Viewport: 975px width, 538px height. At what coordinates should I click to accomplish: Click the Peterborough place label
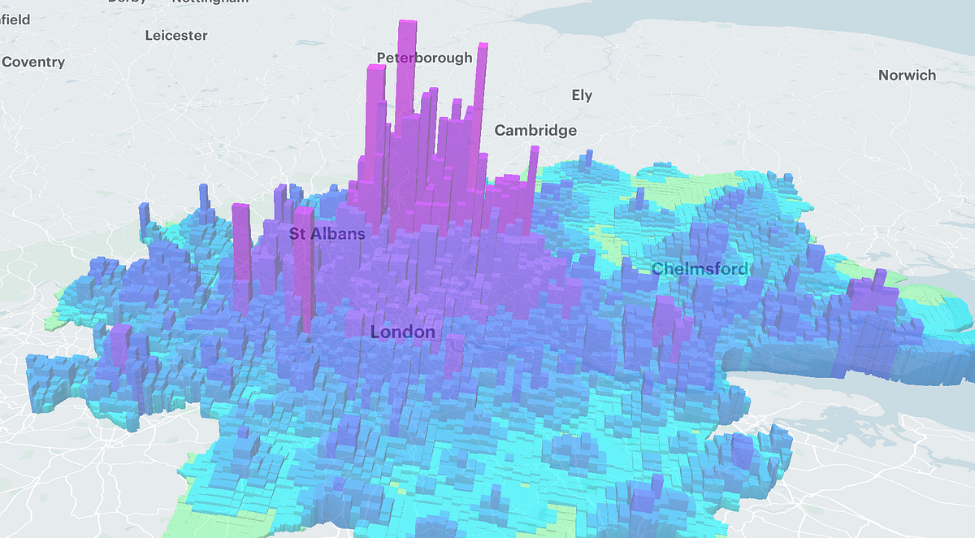coord(424,58)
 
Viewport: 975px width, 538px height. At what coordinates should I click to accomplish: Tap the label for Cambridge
coord(535,130)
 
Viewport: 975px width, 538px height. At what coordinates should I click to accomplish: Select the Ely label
coord(582,95)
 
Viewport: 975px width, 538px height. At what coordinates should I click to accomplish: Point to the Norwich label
coord(907,76)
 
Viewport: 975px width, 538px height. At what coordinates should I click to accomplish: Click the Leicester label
coord(176,36)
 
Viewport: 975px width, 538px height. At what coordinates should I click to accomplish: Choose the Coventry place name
coord(33,62)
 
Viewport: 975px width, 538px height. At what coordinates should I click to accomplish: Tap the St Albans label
coord(327,233)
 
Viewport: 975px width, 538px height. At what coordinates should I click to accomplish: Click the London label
coord(402,332)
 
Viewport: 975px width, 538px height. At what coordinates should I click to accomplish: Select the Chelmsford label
coord(700,269)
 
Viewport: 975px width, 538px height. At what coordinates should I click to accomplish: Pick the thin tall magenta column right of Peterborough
coord(482,49)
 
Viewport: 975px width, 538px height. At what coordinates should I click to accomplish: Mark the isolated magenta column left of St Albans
coord(241,252)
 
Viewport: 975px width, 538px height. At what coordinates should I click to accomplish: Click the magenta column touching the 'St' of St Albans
coord(304,260)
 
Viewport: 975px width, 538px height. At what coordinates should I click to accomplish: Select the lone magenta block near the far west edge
coord(120,345)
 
